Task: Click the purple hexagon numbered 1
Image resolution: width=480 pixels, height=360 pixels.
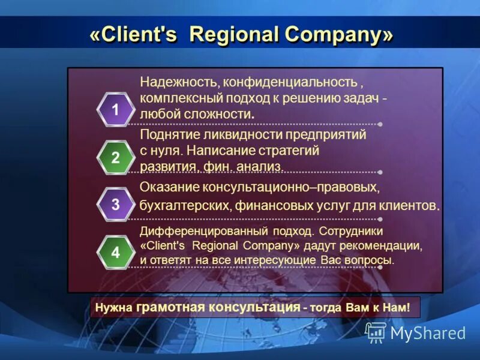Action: (x=115, y=110)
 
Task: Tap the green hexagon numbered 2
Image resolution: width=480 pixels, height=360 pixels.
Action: (x=115, y=158)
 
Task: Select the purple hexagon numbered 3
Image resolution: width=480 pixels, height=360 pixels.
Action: (x=115, y=205)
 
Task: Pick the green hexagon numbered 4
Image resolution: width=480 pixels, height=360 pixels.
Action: (x=115, y=253)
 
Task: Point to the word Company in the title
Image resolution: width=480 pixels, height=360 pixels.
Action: (x=333, y=35)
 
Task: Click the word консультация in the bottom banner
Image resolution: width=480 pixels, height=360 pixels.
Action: (x=254, y=308)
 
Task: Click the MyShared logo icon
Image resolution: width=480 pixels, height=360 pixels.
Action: (x=376, y=332)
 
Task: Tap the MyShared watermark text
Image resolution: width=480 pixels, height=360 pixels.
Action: (x=428, y=333)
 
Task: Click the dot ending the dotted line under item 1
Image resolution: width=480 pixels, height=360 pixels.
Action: (x=380, y=124)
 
